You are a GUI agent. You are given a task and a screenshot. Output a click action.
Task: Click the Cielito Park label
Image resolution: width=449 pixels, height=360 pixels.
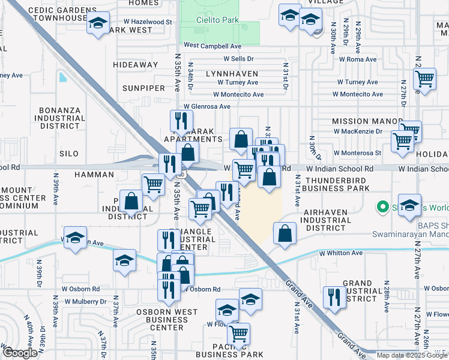[217, 20]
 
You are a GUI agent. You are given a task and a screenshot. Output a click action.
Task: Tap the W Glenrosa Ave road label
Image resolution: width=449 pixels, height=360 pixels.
[206, 107]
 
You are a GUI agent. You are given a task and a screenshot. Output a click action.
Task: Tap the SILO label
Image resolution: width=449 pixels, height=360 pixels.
[69, 154]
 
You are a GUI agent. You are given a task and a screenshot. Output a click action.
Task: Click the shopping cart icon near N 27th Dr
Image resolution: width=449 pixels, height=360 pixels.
[424, 79]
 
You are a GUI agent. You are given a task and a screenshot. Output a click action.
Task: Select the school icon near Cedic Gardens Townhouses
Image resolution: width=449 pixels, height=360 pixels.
[98, 24]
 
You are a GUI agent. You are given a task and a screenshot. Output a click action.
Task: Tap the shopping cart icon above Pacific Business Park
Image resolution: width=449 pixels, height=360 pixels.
[238, 333]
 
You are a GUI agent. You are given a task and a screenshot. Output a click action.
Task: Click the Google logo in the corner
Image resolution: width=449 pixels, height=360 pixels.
[19, 353]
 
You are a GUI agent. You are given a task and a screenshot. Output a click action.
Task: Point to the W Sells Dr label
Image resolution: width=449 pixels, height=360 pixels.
[239, 59]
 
